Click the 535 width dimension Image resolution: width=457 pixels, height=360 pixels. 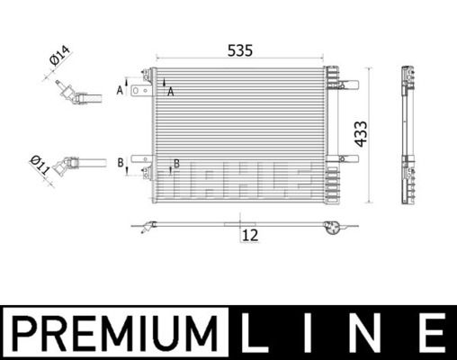pos(240,50)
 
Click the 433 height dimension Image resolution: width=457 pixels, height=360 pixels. pos(361,134)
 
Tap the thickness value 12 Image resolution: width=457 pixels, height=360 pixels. pos(250,236)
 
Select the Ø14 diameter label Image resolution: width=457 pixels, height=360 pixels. pos(59,55)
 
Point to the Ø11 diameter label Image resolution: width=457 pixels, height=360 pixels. pos(40,165)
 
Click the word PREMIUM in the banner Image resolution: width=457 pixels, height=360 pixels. pos(114,333)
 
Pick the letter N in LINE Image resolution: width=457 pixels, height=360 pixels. pos(366,333)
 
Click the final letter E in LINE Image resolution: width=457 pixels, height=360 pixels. pos(433,333)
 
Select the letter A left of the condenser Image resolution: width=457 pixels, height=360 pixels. pos(120,90)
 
